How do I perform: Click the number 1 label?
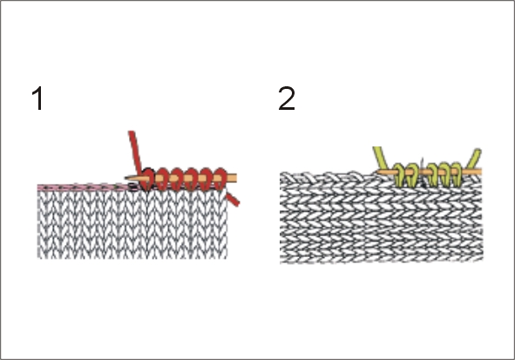[x=37, y=98]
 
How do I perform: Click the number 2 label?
[x=287, y=98]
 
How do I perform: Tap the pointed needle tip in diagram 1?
[x=125, y=179]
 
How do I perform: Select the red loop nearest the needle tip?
[x=146, y=179]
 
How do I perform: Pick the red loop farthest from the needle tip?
[x=220, y=179]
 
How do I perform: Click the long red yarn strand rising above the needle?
[x=135, y=151]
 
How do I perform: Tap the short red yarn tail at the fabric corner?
[x=233, y=200]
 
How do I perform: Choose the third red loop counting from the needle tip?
[x=177, y=179]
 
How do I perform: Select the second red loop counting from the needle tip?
[x=161, y=179]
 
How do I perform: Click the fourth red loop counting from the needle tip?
[x=192, y=179]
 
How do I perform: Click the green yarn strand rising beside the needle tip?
[x=381, y=158]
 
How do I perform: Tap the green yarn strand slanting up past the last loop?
[x=475, y=160]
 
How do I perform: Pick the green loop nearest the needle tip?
[x=399, y=174]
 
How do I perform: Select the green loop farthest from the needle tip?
[x=457, y=174]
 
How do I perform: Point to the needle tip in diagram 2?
[x=378, y=172]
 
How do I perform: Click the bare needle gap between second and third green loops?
[x=423, y=172]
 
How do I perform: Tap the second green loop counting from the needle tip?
[x=412, y=174]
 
